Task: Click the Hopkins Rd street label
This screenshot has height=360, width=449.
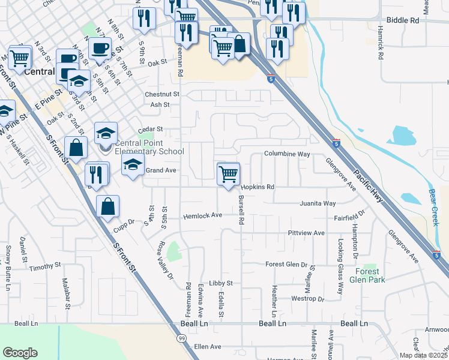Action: (x=258, y=187)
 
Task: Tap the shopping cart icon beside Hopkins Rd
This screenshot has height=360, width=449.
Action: (x=228, y=175)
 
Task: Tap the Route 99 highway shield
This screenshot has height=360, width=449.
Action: (x=181, y=339)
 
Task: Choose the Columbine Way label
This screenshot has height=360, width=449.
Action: (x=287, y=154)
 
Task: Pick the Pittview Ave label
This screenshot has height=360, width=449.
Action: (x=306, y=233)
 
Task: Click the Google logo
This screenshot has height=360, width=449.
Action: (x=20, y=352)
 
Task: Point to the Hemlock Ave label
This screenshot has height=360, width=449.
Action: (x=203, y=215)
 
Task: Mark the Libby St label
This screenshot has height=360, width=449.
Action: (x=220, y=283)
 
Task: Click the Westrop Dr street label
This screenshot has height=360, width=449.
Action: (x=307, y=299)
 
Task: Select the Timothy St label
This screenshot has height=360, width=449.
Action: (x=41, y=268)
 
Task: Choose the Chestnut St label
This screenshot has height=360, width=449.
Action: (x=162, y=94)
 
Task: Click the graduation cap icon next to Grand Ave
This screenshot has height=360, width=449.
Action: (x=133, y=165)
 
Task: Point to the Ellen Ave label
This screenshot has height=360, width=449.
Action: (x=208, y=347)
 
